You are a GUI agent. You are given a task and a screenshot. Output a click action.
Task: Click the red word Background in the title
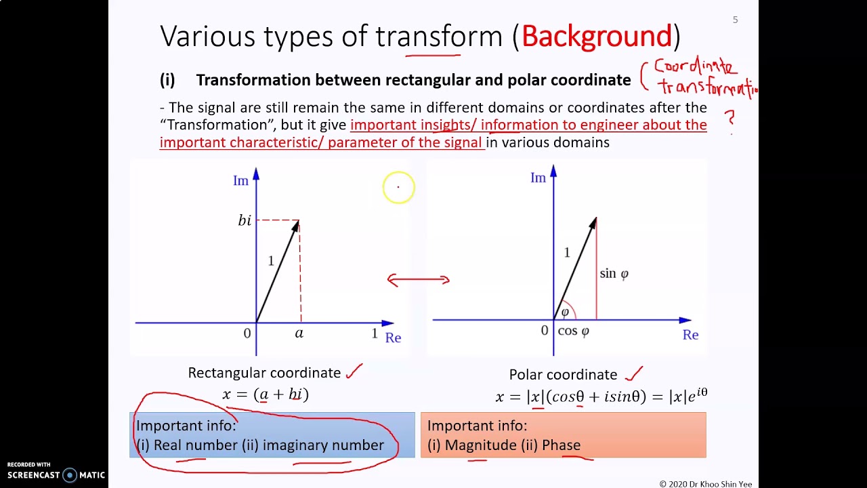[x=597, y=36]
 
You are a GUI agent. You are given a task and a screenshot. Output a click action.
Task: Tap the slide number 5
[x=735, y=20]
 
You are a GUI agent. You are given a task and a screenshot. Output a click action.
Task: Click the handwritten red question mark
[x=730, y=119]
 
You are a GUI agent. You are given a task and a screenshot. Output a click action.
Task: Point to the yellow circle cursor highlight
[x=398, y=187]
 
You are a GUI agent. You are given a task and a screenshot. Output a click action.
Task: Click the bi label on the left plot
[x=245, y=220]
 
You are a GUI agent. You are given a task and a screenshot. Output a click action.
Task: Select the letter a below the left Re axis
[x=299, y=333]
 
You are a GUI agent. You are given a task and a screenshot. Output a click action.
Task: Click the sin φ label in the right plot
[x=614, y=274]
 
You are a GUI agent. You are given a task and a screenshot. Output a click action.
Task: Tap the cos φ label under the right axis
[x=573, y=331]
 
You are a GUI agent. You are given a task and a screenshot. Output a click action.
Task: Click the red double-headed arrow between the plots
[x=418, y=279]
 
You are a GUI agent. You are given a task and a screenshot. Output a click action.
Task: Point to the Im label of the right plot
[x=538, y=178]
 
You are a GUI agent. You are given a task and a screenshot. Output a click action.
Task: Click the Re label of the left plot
[x=393, y=338]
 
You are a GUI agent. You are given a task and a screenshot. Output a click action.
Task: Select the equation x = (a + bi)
[x=266, y=394]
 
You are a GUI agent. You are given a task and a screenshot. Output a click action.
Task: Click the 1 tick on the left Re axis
[x=374, y=333]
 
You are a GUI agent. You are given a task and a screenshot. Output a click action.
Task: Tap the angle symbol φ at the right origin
[x=565, y=312]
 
